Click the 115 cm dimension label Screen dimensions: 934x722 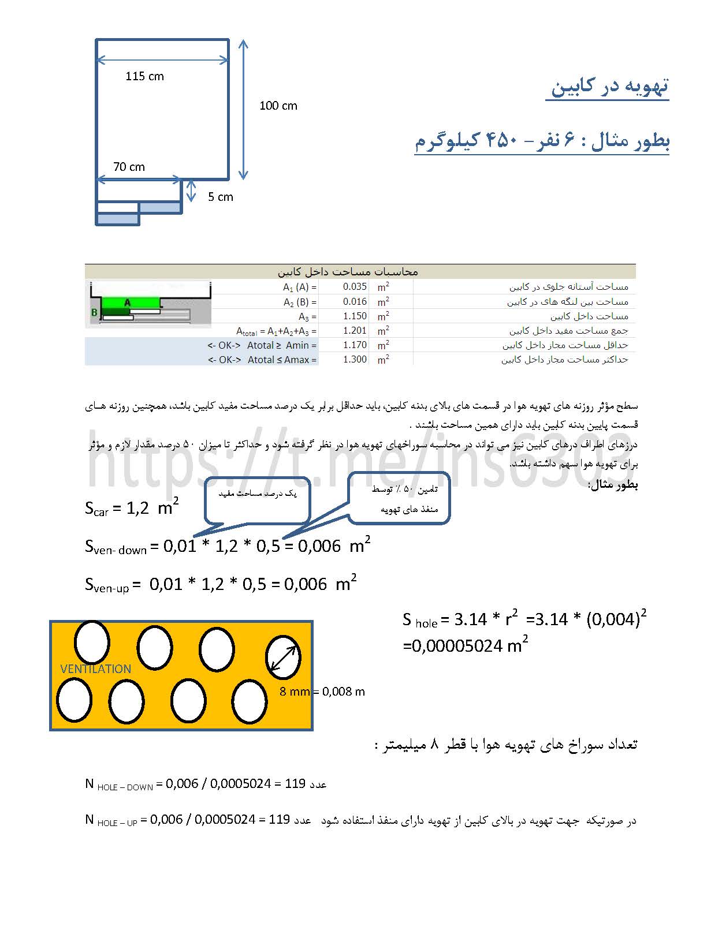(144, 76)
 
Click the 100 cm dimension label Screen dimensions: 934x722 (278, 106)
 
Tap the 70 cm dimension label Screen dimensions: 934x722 (129, 167)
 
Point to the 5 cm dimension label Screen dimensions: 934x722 (220, 197)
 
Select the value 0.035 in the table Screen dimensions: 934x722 (355, 286)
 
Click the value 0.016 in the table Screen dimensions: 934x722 (355, 301)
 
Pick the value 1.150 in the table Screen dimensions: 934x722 (355, 316)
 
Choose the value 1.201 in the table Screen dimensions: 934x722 (355, 330)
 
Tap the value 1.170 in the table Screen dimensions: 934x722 (355, 345)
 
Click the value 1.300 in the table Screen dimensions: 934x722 (355, 359)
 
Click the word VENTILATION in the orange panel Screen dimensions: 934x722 (96, 669)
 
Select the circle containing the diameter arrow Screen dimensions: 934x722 (283, 657)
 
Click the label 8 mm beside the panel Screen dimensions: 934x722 (294, 692)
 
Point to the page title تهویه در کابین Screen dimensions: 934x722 (609, 85)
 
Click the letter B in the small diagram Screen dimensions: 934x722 (94, 312)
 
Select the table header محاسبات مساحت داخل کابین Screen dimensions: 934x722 (348, 271)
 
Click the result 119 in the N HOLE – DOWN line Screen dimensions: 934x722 (295, 783)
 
